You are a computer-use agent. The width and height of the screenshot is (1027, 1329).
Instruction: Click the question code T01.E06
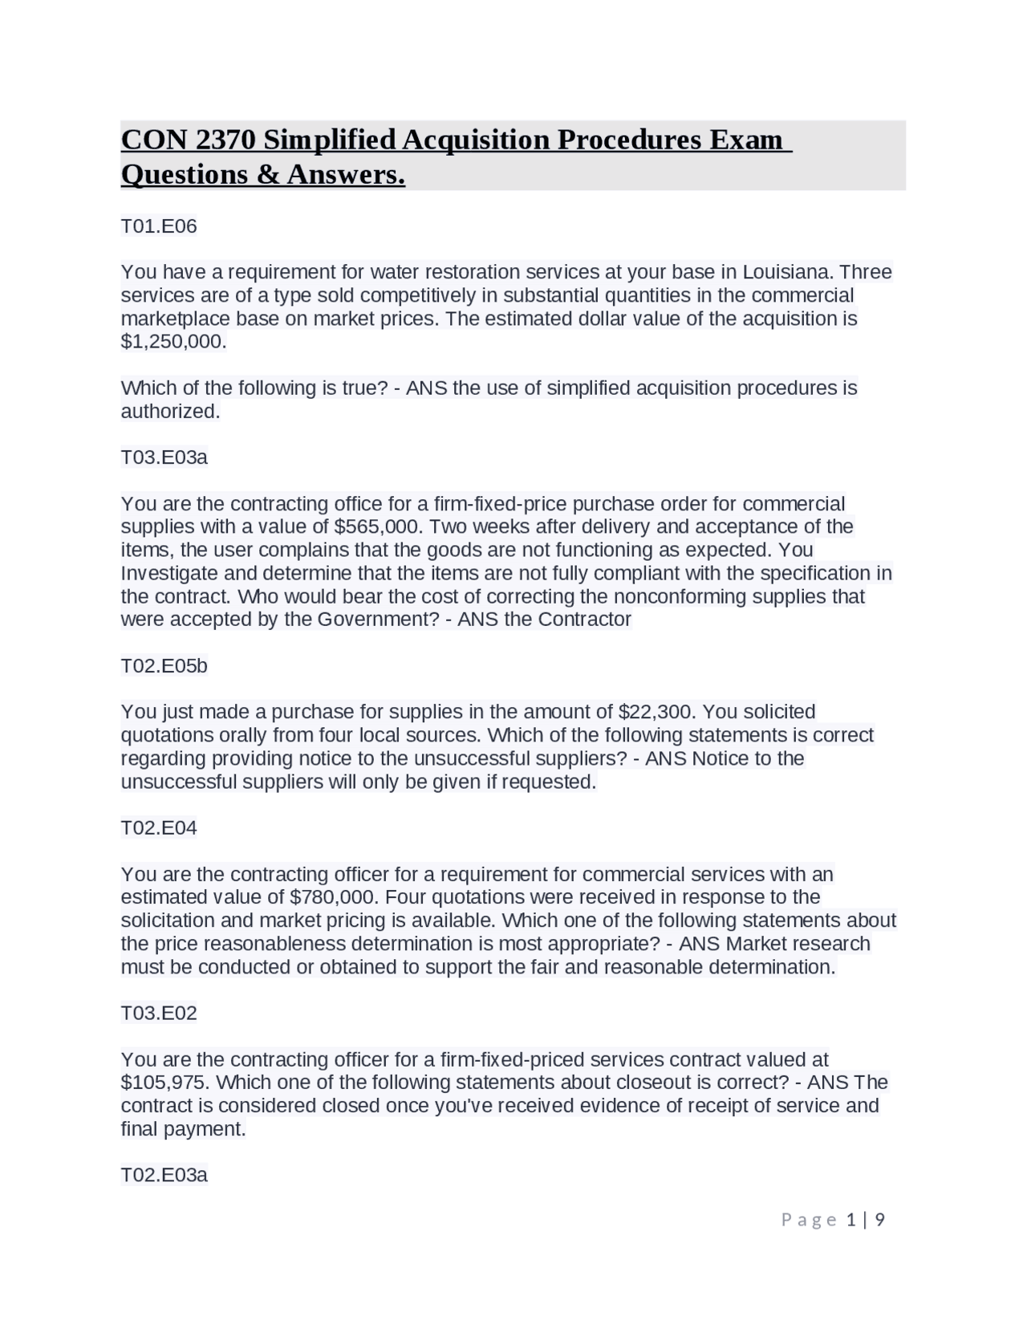click(x=159, y=226)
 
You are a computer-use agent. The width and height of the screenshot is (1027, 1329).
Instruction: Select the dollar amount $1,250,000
click(x=173, y=342)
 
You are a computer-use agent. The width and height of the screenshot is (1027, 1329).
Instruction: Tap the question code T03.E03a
click(x=164, y=457)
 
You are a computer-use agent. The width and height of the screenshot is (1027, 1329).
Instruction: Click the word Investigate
click(x=168, y=573)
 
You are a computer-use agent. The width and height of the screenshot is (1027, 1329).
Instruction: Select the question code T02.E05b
click(x=164, y=666)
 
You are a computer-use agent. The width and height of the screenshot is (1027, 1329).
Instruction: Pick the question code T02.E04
click(x=159, y=828)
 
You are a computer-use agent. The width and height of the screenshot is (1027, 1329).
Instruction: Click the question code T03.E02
click(x=159, y=1014)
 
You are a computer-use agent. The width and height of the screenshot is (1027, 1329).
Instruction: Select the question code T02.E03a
click(x=164, y=1176)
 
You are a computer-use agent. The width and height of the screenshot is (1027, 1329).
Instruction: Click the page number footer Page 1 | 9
click(x=833, y=1221)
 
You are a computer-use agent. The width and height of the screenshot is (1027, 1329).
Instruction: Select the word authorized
click(x=169, y=412)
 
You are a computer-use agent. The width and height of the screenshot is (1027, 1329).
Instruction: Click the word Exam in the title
click(x=745, y=140)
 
